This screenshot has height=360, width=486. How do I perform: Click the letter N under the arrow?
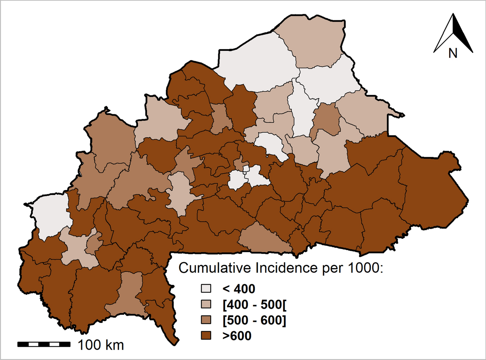[453, 53]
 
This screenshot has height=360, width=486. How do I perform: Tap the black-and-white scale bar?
[44, 344]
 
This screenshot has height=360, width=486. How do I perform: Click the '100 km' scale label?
[101, 345]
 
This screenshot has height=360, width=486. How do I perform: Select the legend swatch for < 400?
[206, 289]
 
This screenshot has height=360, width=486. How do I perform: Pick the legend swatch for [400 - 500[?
[206, 304]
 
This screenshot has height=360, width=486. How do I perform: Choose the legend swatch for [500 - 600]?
[206, 320]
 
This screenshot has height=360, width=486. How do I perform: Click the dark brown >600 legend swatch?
[206, 335]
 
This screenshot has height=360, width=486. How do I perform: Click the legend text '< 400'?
[239, 289]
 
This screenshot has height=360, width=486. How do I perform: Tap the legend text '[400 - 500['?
[254, 304]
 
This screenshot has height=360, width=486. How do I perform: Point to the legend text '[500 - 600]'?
[254, 320]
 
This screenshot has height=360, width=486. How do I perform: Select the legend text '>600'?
[237, 336]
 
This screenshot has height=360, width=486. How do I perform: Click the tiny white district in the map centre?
[246, 169]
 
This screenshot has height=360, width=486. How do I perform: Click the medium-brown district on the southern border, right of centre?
[264, 239]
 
